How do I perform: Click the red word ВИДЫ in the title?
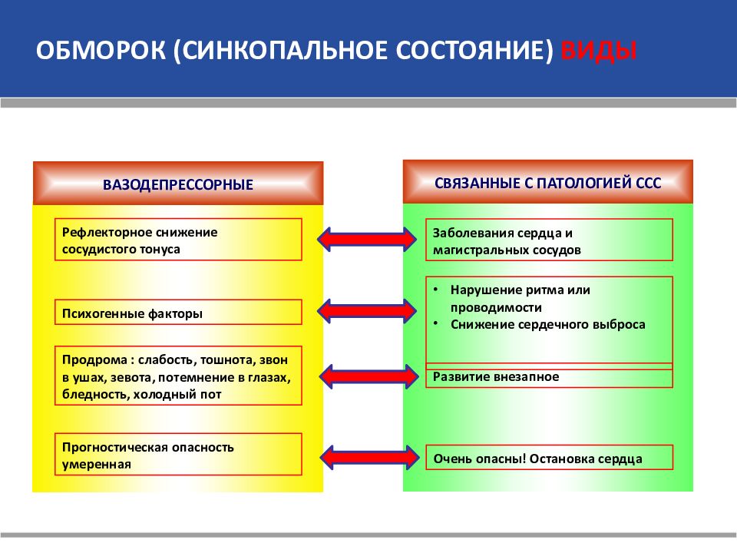[598, 51]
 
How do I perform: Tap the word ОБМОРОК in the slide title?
[101, 51]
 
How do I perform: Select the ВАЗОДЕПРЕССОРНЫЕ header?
[178, 184]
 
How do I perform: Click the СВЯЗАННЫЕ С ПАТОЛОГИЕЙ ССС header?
[547, 183]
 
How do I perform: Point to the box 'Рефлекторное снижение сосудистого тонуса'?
[178, 240]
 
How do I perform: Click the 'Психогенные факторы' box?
[178, 313]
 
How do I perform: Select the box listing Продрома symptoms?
[178, 376]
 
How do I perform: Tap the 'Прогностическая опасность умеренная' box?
[178, 454]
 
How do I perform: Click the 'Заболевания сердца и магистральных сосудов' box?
[549, 240]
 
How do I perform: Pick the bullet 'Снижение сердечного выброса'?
[547, 324]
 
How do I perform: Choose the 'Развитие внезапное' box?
[549, 376]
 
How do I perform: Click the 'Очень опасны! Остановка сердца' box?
[549, 458]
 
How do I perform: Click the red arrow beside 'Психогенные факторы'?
[367, 311]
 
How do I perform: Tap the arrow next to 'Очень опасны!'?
[369, 457]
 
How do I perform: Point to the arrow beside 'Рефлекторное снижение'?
[367, 240]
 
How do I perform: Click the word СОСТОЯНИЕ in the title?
[474, 51]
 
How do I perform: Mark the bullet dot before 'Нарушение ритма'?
[436, 289]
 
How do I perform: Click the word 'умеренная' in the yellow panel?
[97, 465]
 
